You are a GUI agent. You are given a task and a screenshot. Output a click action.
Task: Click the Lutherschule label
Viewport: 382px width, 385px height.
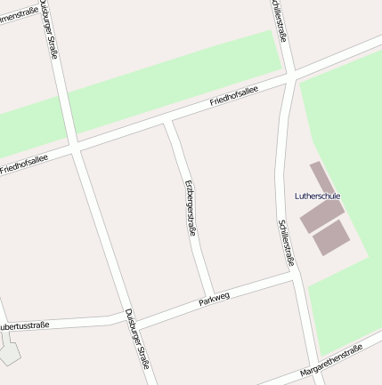click(x=317, y=196)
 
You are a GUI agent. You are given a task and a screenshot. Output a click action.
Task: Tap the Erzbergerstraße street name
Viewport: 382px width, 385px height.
click(x=190, y=207)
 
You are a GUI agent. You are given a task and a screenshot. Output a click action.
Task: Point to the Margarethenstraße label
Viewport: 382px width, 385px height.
click(x=331, y=359)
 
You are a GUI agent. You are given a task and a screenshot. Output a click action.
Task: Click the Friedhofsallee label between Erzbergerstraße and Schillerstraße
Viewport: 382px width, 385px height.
click(x=234, y=98)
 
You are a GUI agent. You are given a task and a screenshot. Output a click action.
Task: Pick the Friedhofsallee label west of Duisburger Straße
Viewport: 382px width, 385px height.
click(x=24, y=162)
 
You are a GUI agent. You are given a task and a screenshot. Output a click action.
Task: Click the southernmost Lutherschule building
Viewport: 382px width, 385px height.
click(x=330, y=237)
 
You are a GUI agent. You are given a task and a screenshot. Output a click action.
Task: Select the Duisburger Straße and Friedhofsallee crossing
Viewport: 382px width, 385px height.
click(x=75, y=145)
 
